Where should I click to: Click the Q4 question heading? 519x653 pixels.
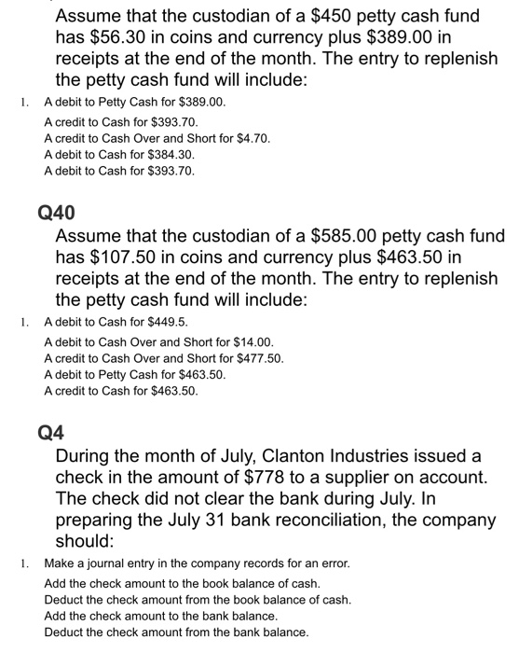tap(51, 433)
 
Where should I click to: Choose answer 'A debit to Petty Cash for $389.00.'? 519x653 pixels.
tap(134, 102)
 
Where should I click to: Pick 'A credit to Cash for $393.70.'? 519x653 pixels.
tap(120, 122)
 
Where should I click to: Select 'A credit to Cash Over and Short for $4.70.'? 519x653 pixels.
tap(157, 138)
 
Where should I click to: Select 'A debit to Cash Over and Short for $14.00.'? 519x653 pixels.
tap(157, 343)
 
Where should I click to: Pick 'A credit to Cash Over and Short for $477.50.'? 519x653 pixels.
tap(163, 359)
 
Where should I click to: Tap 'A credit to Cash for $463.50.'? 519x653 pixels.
tap(120, 391)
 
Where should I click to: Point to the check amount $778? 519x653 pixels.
tap(278, 478)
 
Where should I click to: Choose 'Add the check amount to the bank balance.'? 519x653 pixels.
tap(160, 616)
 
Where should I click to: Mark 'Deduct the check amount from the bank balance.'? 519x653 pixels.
tap(176, 632)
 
